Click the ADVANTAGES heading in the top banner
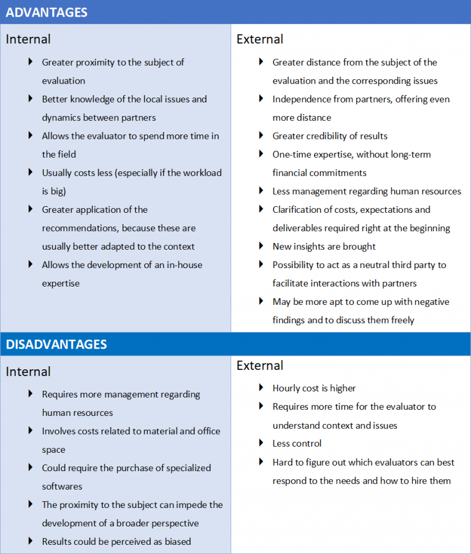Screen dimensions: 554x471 (47, 12)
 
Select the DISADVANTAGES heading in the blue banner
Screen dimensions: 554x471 (56, 344)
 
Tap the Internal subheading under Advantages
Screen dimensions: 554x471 (28, 39)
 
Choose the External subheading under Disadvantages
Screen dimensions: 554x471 (260, 366)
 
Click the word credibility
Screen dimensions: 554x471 (331, 136)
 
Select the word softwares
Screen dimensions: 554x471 (63, 487)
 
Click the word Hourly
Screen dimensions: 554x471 (288, 388)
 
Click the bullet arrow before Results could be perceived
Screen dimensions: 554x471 (30, 541)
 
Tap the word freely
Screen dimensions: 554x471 (399, 320)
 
